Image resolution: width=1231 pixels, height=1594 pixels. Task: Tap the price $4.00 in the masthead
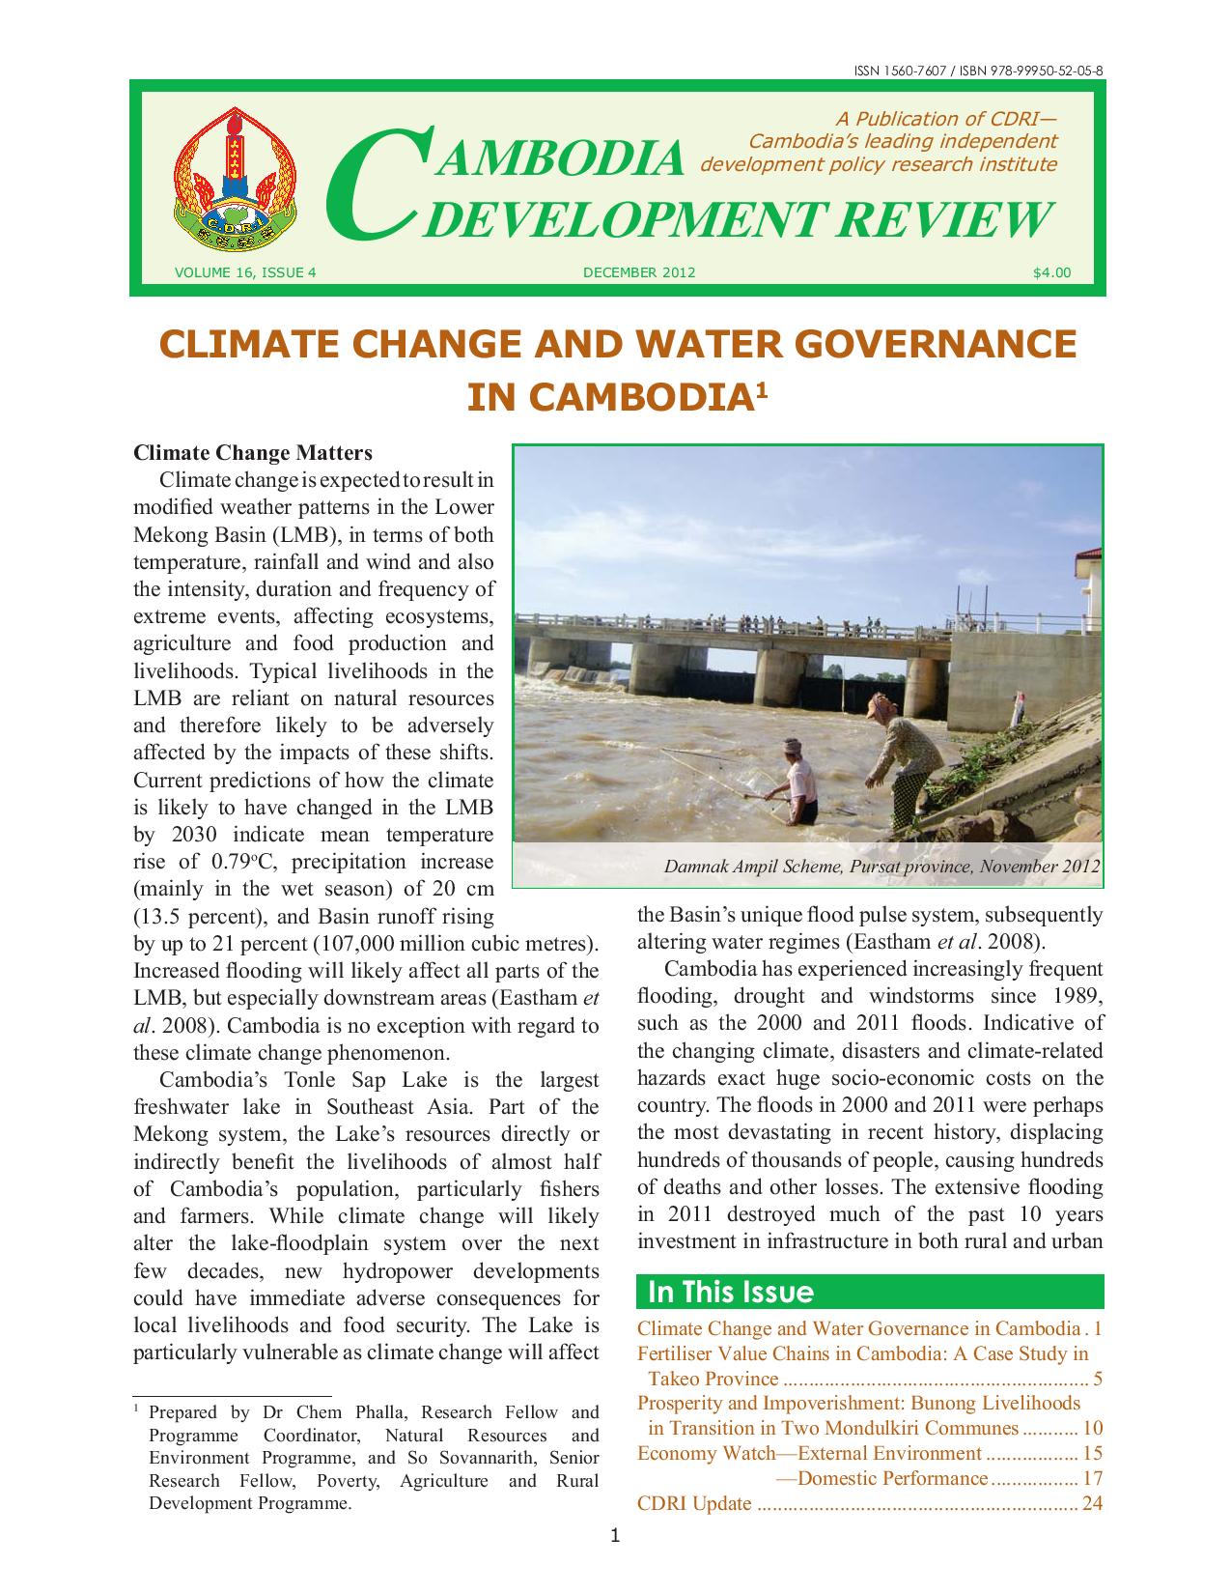[1051, 272]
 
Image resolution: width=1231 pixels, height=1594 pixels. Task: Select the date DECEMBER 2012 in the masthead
[639, 272]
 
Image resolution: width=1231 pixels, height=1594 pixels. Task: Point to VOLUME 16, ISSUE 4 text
[245, 272]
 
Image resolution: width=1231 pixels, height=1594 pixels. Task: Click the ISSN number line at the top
[979, 71]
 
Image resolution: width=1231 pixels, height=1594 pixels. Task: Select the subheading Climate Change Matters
[252, 453]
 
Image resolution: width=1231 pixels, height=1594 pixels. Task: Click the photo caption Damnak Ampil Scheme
[881, 867]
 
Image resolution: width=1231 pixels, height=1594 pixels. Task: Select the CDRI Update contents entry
[694, 1502]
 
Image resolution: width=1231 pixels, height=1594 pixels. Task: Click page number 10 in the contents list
[1093, 1428]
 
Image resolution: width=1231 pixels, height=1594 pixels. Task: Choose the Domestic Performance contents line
[892, 1478]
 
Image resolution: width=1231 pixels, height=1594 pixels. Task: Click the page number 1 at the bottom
[615, 1535]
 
